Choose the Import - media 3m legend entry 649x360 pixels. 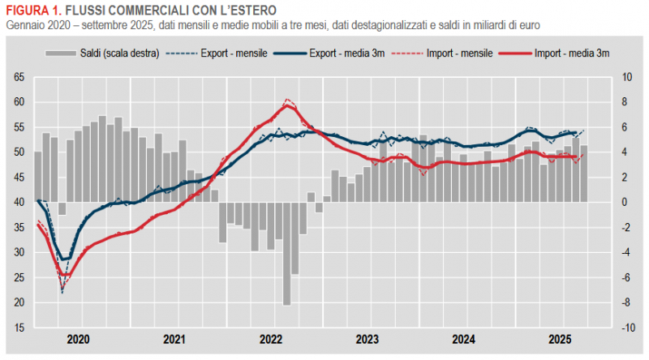pyautogui.click(x=571, y=53)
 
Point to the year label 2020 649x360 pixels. pyautogui.click(x=79, y=340)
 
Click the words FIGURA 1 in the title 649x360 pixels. pyautogui.click(x=31, y=11)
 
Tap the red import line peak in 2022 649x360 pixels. pyautogui.click(x=288, y=105)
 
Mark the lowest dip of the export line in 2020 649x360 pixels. pyautogui.click(x=62, y=290)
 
